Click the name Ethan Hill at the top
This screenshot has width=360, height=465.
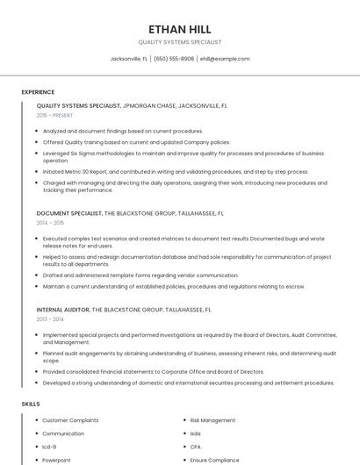(x=180, y=28)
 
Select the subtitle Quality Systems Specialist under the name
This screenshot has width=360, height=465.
(x=180, y=41)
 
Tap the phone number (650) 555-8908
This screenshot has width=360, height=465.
(x=174, y=59)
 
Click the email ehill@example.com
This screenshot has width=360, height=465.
(x=225, y=59)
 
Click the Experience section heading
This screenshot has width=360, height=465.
(x=38, y=92)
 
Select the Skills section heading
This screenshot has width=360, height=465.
(x=31, y=404)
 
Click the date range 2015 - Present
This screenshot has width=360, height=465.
(x=54, y=115)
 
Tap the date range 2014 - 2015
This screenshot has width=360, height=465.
(x=50, y=223)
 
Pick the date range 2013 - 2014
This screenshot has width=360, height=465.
(x=50, y=319)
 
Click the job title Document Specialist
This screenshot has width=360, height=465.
(x=69, y=213)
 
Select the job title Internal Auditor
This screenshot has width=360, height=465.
(x=64, y=310)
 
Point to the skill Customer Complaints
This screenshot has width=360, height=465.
(x=69, y=420)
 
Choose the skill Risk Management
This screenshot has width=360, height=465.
(x=212, y=420)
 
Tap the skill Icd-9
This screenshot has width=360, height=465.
(x=50, y=447)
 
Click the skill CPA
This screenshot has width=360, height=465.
(x=196, y=447)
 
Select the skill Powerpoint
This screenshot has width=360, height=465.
(x=56, y=460)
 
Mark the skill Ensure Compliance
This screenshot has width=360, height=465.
(x=214, y=460)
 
